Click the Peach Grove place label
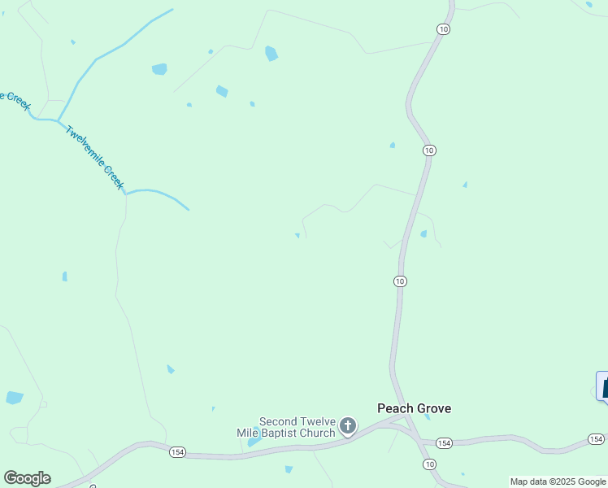pyautogui.click(x=413, y=408)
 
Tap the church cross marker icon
pyautogui.click(x=348, y=425)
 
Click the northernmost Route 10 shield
pyautogui.click(x=442, y=28)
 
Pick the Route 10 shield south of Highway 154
pyautogui.click(x=429, y=464)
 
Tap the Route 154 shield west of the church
pyautogui.click(x=177, y=451)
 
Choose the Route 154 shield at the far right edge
pyautogui.click(x=597, y=439)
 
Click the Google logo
pyautogui.click(x=27, y=478)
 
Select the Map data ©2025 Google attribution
pyautogui.click(x=558, y=481)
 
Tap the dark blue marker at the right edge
pyautogui.click(x=603, y=386)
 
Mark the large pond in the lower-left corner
pyautogui.click(x=15, y=398)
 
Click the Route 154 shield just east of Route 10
pyautogui.click(x=444, y=442)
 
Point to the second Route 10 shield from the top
pyautogui.click(x=429, y=150)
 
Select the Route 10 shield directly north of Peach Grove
pyautogui.click(x=399, y=281)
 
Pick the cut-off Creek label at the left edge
pyautogui.click(x=15, y=100)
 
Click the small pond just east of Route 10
pyautogui.click(x=423, y=234)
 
